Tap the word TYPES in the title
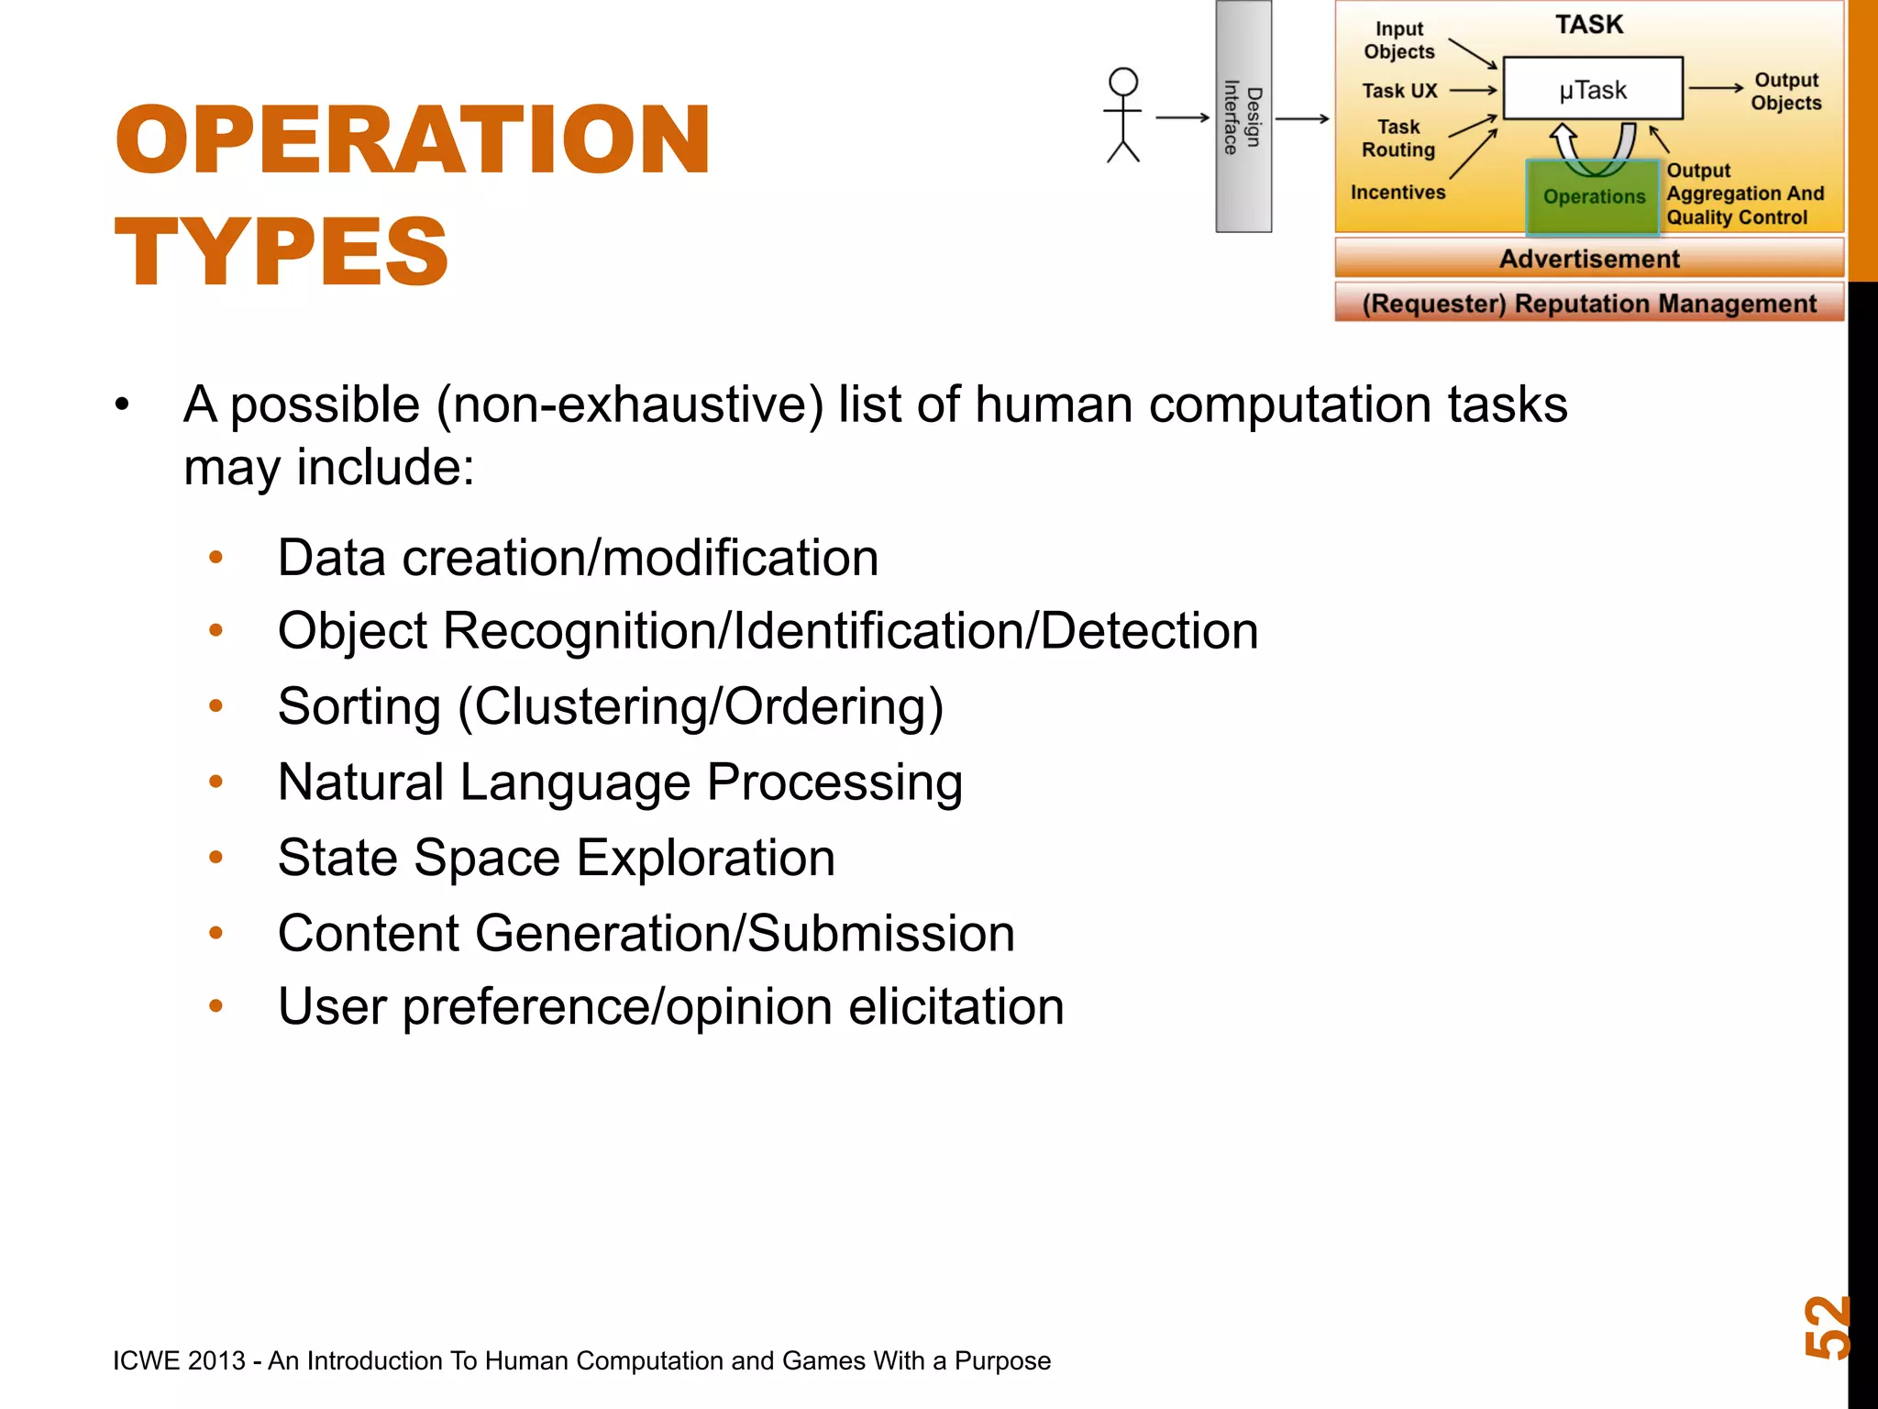click(x=282, y=252)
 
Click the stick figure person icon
click(x=1122, y=116)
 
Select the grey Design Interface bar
click(x=1243, y=116)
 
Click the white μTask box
click(x=1593, y=89)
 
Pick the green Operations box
click(x=1593, y=196)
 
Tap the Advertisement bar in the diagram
click(x=1588, y=259)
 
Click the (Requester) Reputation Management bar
click(x=1588, y=304)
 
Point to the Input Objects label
click(x=1398, y=40)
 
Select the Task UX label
click(x=1399, y=91)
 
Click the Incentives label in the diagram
click(x=1397, y=193)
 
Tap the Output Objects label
click(x=1785, y=92)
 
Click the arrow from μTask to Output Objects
click(x=1716, y=88)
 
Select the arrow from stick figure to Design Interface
click(x=1182, y=117)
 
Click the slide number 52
click(x=1826, y=1326)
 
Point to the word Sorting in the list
click(x=359, y=707)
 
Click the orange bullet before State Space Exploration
click(x=216, y=858)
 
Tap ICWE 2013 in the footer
click(x=179, y=1360)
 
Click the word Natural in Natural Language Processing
click(x=360, y=782)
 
